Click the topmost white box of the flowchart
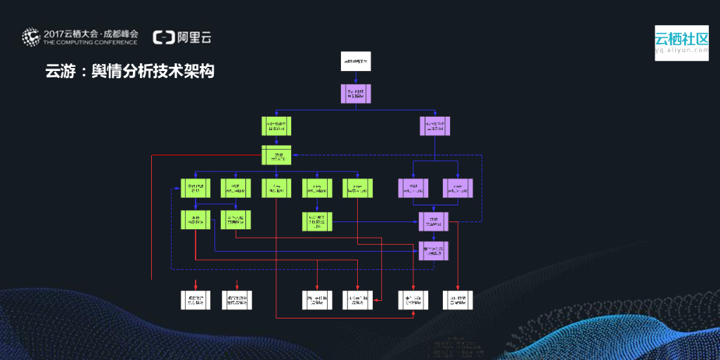pos(355,62)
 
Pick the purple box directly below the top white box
pos(355,94)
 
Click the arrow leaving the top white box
pos(355,78)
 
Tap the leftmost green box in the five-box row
pos(195,188)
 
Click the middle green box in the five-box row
pos(276,188)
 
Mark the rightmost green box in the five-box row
pos(356,188)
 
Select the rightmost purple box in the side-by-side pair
pos(458,188)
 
